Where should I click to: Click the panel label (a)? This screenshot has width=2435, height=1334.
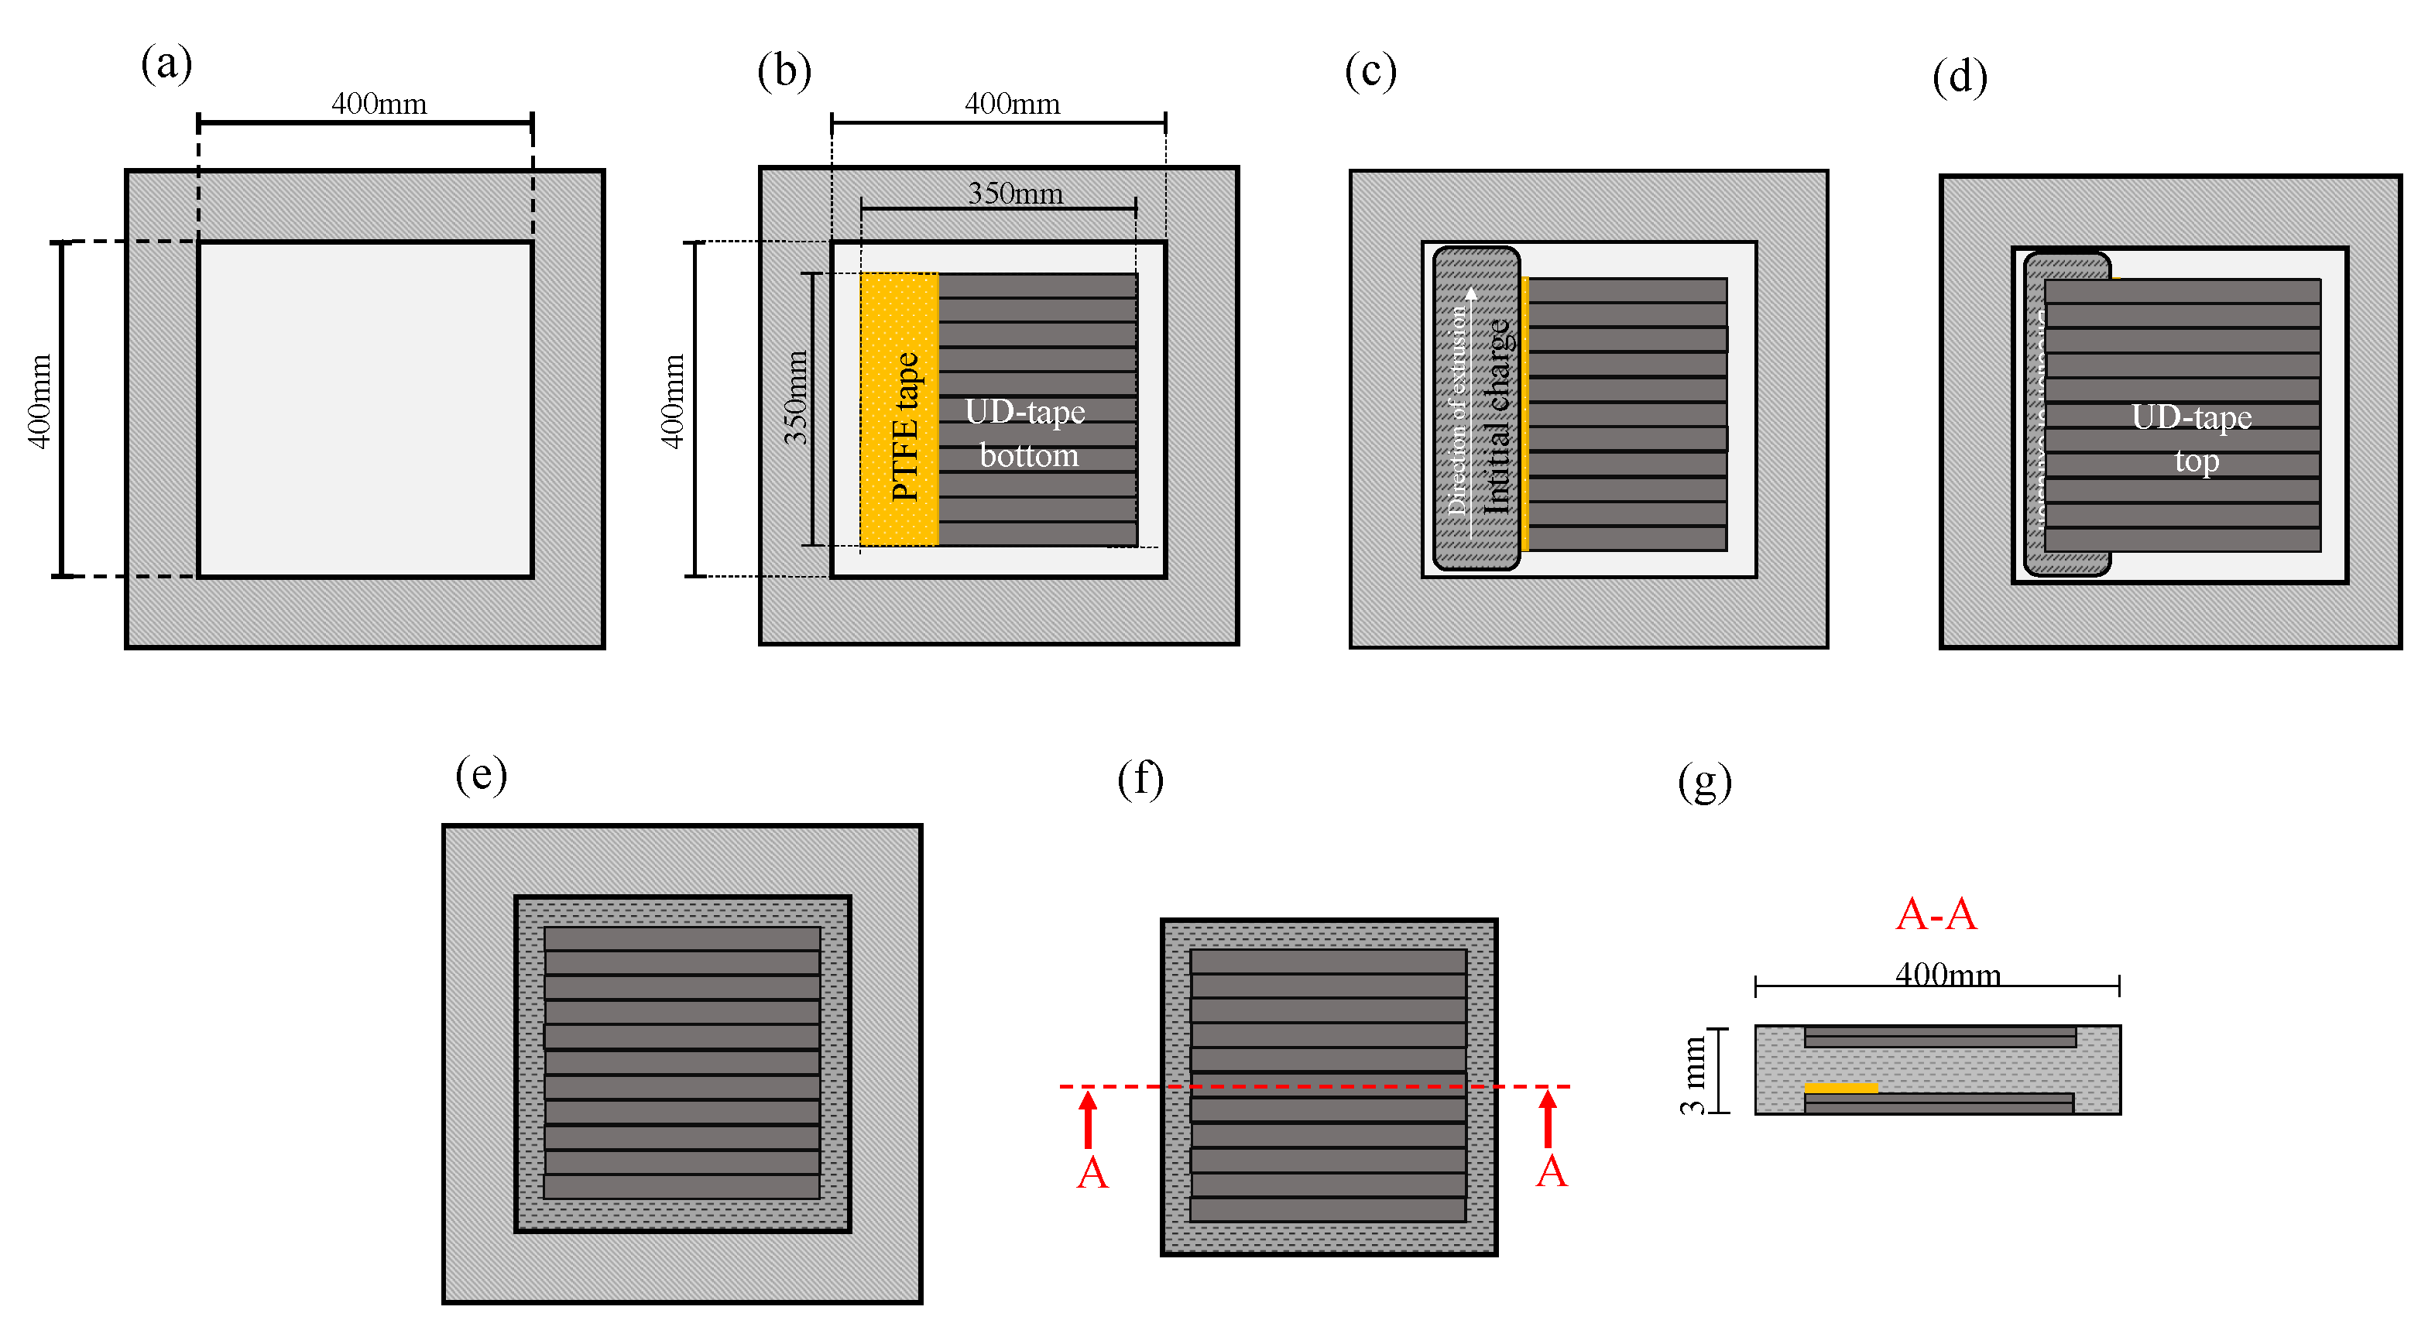click(x=166, y=64)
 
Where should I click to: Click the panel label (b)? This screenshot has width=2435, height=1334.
click(x=784, y=71)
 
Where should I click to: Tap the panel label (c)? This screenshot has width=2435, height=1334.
click(x=1370, y=71)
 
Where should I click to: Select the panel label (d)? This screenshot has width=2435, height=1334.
click(x=1960, y=77)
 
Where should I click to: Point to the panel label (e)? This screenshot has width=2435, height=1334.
click(x=481, y=775)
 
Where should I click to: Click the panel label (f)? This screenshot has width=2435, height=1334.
click(x=1140, y=780)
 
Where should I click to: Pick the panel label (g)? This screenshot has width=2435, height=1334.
click(x=1704, y=783)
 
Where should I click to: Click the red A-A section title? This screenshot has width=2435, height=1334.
click(x=1936, y=914)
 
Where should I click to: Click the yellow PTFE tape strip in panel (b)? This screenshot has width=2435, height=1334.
click(x=899, y=410)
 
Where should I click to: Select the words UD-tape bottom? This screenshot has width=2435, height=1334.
click(x=1027, y=434)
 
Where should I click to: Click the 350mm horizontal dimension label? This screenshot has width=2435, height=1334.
click(x=1015, y=193)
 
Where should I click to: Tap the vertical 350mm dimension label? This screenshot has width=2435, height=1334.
click(x=796, y=398)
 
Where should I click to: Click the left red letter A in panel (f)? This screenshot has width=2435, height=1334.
click(x=1092, y=1173)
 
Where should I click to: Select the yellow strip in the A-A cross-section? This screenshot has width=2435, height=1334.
click(x=1840, y=1089)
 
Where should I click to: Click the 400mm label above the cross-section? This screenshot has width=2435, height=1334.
click(x=1947, y=974)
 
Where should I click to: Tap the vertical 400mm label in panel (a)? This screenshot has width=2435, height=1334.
click(x=39, y=401)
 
